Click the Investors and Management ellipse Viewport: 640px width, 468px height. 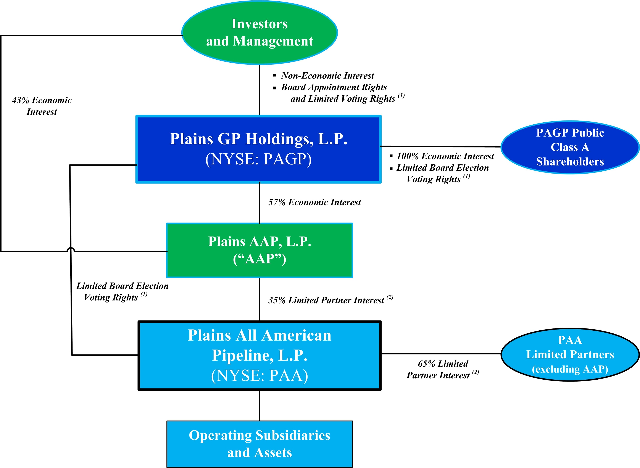[260, 32]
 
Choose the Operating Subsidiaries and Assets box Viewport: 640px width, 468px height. [260, 444]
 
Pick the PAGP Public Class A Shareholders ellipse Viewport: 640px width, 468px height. [570, 147]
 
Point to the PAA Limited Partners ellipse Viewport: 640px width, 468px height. [570, 354]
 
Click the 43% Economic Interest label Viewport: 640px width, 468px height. [42, 106]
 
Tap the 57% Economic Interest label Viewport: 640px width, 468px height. [314, 202]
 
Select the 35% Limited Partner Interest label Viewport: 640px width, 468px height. [326, 300]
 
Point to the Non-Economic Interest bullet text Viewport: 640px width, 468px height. [327, 76]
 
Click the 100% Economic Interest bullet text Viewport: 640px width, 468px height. [445, 156]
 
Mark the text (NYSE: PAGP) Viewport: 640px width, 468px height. [258, 159]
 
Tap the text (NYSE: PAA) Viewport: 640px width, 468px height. [260, 376]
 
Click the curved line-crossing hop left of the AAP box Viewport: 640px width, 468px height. [71, 249]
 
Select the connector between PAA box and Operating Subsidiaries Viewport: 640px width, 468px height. [260, 405]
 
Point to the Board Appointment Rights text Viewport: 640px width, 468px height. [334, 87]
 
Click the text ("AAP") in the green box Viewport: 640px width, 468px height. [260, 259]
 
